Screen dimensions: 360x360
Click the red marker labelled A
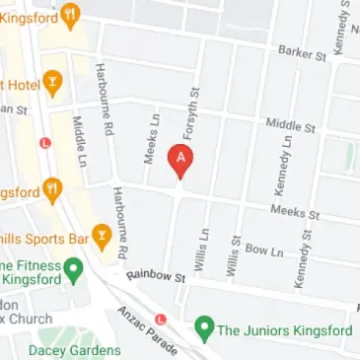[x=180, y=159]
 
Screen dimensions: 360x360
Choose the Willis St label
[x=234, y=254]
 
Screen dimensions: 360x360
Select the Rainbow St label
[x=156, y=278]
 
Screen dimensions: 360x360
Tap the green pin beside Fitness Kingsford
[x=72, y=268]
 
